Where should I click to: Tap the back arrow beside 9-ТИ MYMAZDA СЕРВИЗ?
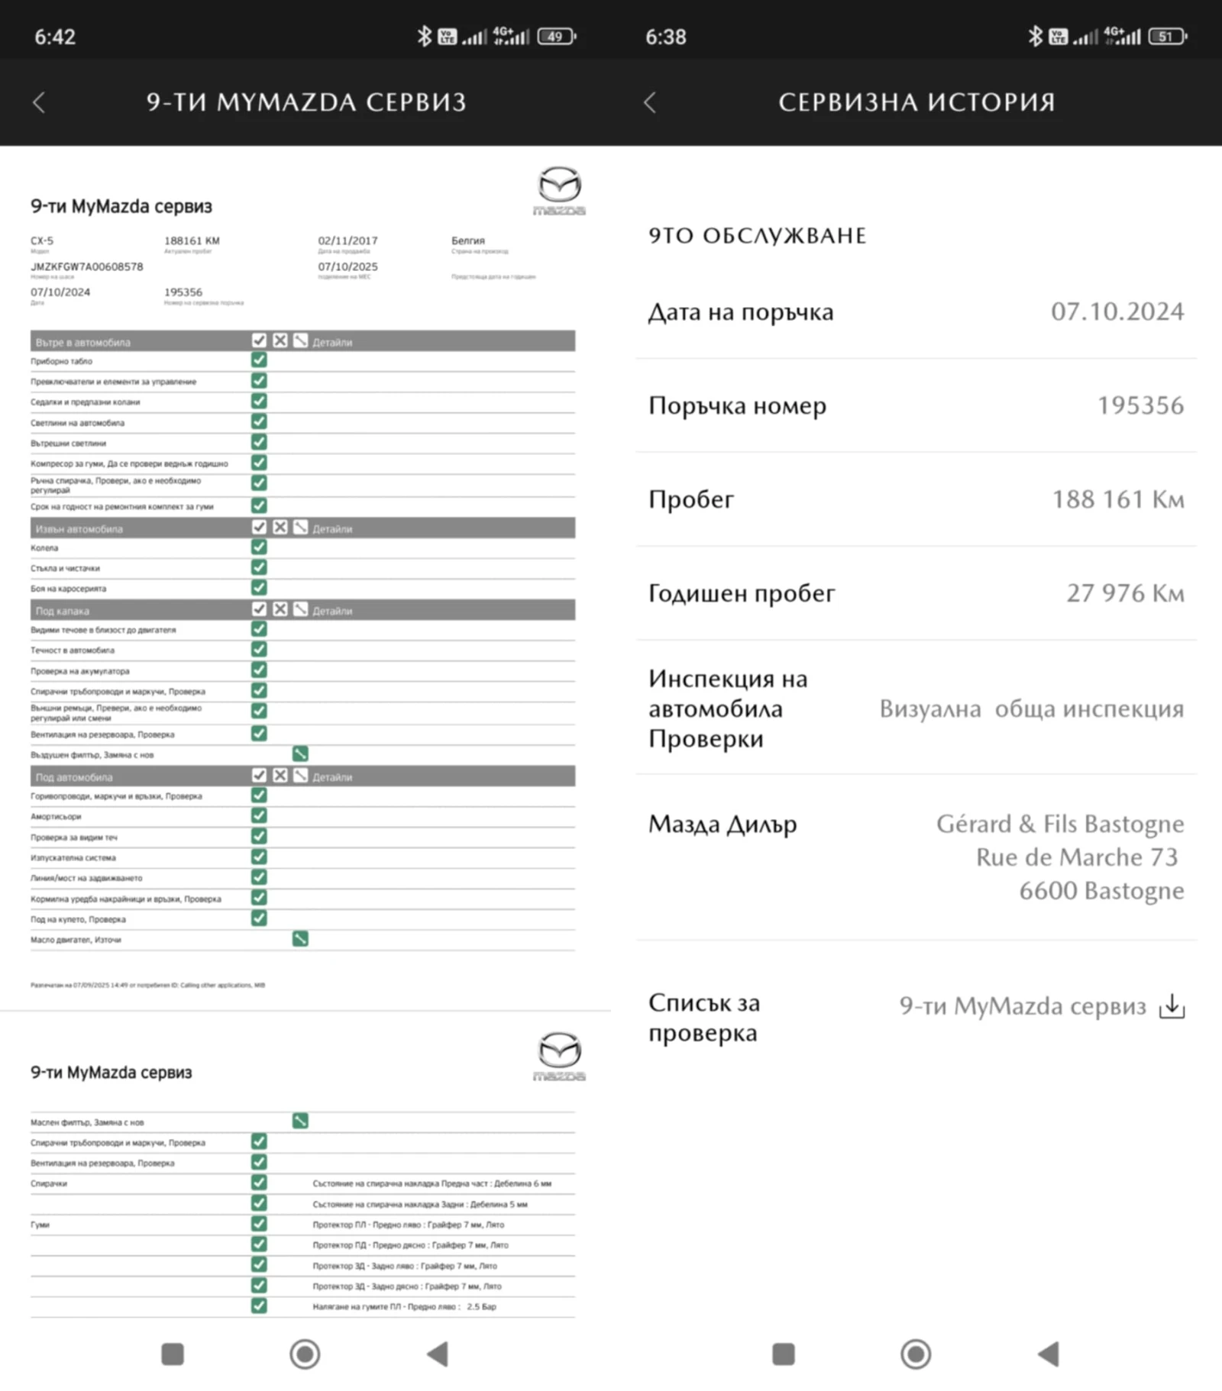tap(39, 102)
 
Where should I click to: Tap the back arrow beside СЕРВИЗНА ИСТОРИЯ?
tap(650, 102)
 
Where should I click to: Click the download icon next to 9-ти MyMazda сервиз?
tap(1172, 1006)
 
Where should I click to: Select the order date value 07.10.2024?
tap(1117, 311)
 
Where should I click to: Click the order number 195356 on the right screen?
tap(1140, 405)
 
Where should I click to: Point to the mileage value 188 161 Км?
tap(1117, 499)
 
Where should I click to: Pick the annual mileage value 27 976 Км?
tap(1124, 593)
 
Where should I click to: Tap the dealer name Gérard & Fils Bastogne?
tap(1059, 824)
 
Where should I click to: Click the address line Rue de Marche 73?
tap(1076, 857)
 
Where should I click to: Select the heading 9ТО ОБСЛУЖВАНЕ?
tap(757, 236)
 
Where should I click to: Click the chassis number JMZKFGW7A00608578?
tap(86, 266)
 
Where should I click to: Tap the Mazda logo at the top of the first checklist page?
tap(559, 190)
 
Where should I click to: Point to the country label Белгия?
tap(467, 240)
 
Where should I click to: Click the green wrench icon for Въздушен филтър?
tap(300, 754)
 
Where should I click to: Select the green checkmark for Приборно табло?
tap(259, 360)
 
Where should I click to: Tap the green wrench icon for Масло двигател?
tap(300, 939)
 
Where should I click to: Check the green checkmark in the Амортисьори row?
tap(259, 816)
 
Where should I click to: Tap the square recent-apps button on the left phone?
tap(173, 1354)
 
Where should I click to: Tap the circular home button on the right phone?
tap(916, 1354)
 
